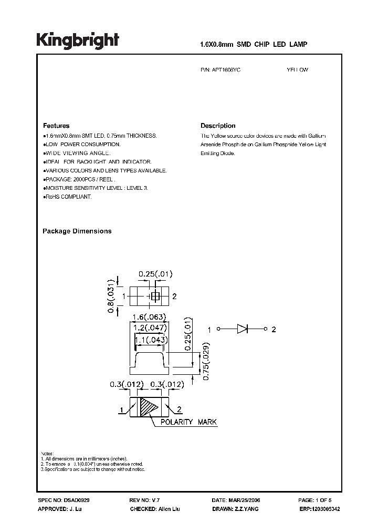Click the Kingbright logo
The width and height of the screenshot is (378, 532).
(78, 41)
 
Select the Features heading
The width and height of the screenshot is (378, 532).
(56, 126)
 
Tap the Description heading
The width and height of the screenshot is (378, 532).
(218, 126)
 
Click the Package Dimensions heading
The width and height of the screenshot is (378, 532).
(77, 231)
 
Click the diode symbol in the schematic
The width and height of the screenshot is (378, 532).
(242, 330)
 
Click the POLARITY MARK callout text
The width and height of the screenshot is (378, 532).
(188, 422)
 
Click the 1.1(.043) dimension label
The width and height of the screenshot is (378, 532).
(151, 340)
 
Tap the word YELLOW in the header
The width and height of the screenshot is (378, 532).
(297, 69)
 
